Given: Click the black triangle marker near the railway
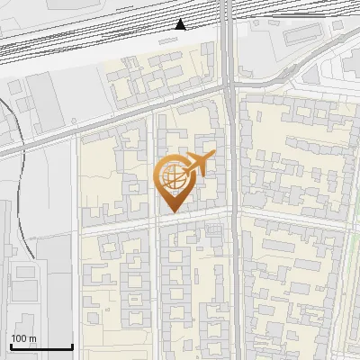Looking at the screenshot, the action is (181, 23).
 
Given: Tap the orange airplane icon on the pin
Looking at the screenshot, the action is (199, 165).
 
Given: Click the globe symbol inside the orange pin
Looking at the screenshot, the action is (172, 178).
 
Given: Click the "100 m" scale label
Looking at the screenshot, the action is (23, 338).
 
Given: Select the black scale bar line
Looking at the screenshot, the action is (41, 346).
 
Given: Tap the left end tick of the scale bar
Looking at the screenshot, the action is (11, 345).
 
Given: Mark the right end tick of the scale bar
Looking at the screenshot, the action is (72, 345).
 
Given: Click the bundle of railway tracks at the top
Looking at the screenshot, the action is (108, 36).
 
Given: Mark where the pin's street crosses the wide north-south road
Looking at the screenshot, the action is (233, 212).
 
